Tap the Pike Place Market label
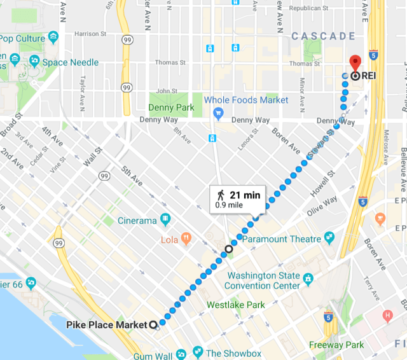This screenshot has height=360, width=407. coord(107,325)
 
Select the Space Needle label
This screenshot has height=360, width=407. coord(71,62)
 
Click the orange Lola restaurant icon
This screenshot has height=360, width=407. coord(186,239)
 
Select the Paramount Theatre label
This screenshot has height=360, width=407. coord(284,239)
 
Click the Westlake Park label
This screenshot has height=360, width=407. coord(236,305)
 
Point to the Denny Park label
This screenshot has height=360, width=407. coord(172,107)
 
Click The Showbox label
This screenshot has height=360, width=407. coord(234,353)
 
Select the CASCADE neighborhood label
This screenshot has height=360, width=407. coord(323,36)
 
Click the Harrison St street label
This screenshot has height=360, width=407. coord(88,34)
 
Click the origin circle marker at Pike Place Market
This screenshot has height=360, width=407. coord(153,325)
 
